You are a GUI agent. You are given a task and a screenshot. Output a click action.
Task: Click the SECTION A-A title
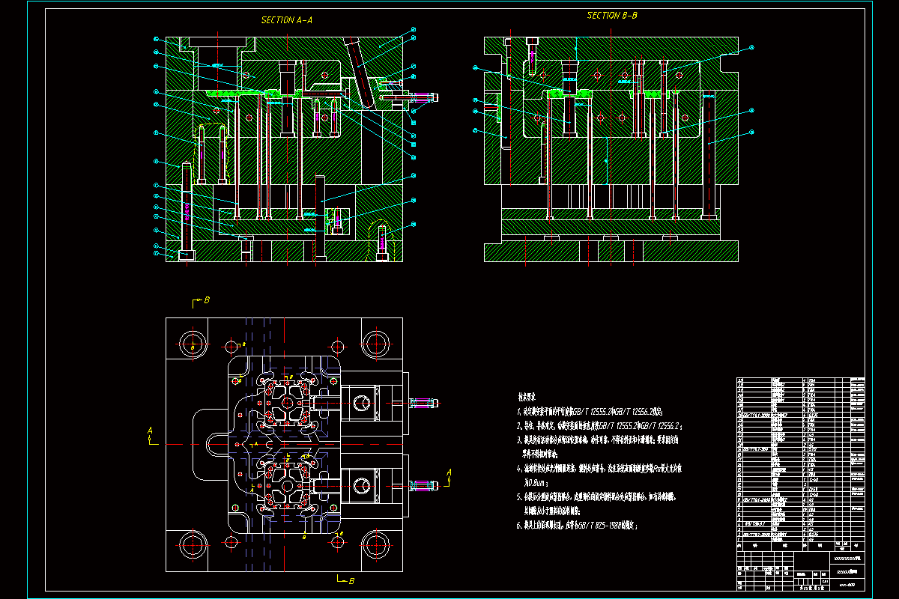pos(286,21)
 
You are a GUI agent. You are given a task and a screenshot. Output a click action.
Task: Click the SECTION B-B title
pos(612,16)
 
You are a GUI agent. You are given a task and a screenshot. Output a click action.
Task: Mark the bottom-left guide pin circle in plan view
pos(193,544)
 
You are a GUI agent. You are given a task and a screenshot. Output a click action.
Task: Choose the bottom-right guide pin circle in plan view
pos(376,544)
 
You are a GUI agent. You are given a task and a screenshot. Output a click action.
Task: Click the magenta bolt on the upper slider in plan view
pos(424,403)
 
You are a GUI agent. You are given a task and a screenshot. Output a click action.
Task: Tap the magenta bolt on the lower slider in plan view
pos(424,485)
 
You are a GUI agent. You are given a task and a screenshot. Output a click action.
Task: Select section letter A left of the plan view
pos(150,431)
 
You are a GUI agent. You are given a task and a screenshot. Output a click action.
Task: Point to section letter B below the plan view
pos(351,580)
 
